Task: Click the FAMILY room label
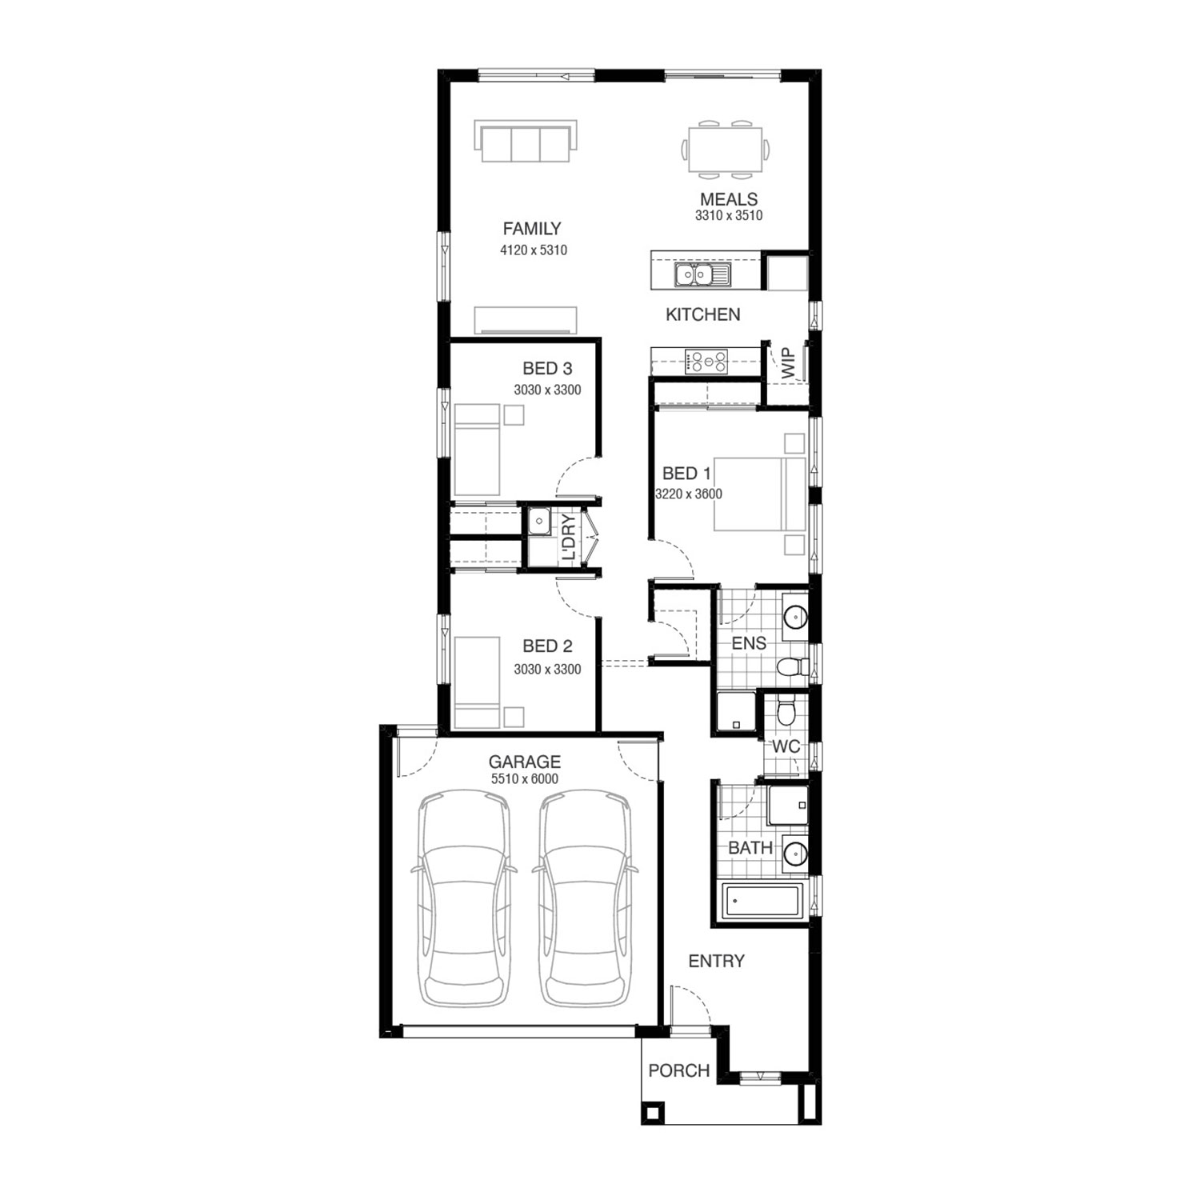pyautogui.click(x=532, y=229)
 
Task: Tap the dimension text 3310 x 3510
pyautogui.click(x=729, y=216)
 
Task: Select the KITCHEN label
pyautogui.click(x=703, y=315)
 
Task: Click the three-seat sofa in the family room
pyautogui.click(x=525, y=142)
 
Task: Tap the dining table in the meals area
pyautogui.click(x=726, y=149)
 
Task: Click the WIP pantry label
pyautogui.click(x=789, y=363)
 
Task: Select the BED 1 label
pyautogui.click(x=686, y=474)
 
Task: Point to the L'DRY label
pyautogui.click(x=568, y=537)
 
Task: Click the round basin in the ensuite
pyautogui.click(x=795, y=617)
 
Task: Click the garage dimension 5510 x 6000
pyautogui.click(x=524, y=779)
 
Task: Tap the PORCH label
pyautogui.click(x=679, y=1070)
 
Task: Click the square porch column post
pyautogui.click(x=652, y=1112)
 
